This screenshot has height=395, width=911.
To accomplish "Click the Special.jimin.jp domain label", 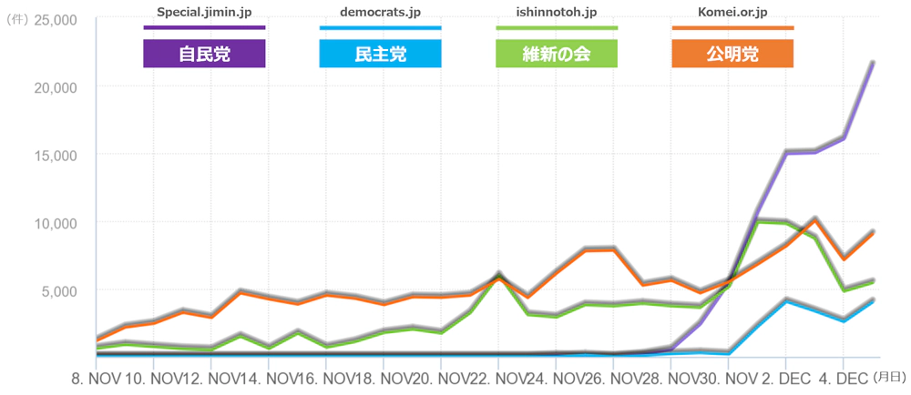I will (x=204, y=13).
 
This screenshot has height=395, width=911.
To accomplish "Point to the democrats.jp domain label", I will (x=380, y=13).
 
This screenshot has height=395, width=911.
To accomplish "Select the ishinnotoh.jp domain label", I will (x=556, y=13).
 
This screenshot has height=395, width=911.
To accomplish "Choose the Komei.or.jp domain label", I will (x=732, y=13).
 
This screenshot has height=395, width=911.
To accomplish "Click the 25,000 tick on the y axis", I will (x=55, y=19).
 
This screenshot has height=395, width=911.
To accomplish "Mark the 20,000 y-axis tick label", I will (x=55, y=86).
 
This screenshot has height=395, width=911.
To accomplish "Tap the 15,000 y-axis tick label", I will (x=55, y=155).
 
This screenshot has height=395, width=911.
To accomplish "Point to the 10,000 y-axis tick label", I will (x=55, y=223).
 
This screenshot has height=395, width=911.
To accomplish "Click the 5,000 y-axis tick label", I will (x=59, y=290).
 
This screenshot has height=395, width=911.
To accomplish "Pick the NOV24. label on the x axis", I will (x=522, y=376).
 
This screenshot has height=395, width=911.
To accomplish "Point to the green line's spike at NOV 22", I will (x=498, y=274).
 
